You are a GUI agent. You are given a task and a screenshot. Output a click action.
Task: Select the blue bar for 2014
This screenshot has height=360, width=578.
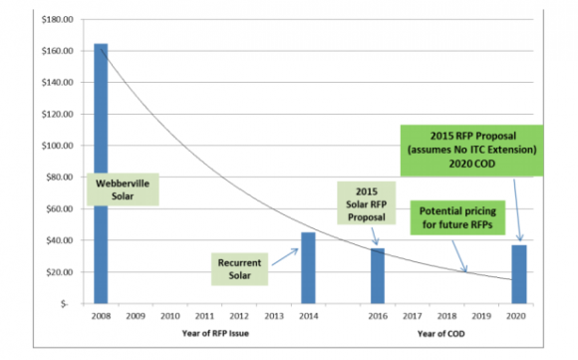308,267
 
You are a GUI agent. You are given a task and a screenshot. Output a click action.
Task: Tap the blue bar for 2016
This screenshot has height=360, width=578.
377,275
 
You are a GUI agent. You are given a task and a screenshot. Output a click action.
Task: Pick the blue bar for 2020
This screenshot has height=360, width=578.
518,273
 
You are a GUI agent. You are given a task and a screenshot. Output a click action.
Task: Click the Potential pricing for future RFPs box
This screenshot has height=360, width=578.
460,218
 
